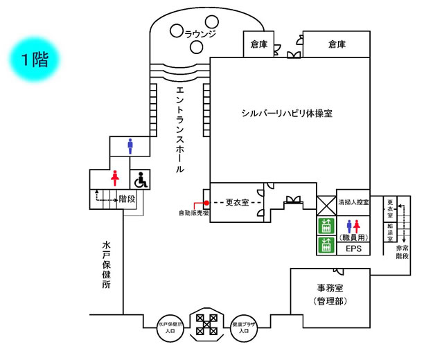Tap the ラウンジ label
(201, 33)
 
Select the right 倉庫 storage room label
(337, 44)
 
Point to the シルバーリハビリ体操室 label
(287, 113)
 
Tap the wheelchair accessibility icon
(141, 180)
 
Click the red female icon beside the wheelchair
(115, 179)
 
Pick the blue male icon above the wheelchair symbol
(130, 146)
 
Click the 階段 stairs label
(127, 199)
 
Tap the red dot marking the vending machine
(206, 202)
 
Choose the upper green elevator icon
(326, 226)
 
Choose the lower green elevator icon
(326, 244)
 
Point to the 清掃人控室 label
(353, 203)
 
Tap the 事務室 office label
(330, 289)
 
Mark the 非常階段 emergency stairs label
(401, 251)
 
